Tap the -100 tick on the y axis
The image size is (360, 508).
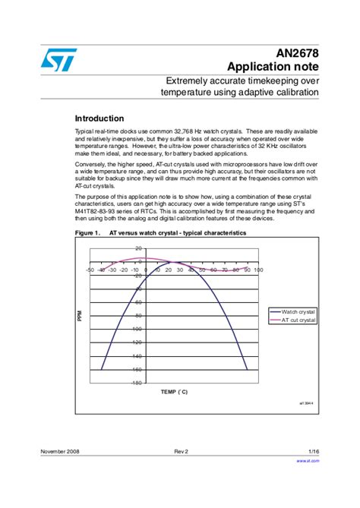pos(136,330)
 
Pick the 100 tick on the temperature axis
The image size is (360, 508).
pos(258,270)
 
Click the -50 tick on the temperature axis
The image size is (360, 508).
pos(90,270)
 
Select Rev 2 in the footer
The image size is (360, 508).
pos(181,451)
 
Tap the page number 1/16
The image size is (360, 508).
pos(313,451)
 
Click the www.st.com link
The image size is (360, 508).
pos(307,460)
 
